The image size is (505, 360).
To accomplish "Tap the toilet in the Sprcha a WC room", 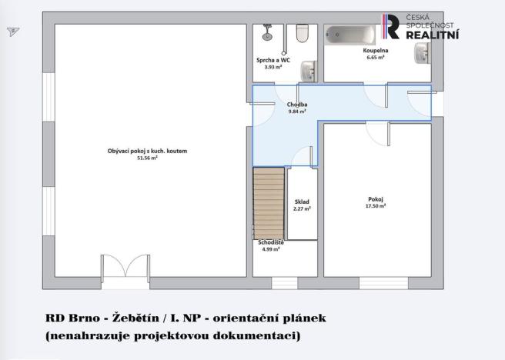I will click(x=302, y=32).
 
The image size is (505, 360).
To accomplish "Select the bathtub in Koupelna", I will click(x=349, y=34).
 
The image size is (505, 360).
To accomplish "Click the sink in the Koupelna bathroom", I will click(x=423, y=52).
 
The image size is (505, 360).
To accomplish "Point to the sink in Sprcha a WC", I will click(x=309, y=70).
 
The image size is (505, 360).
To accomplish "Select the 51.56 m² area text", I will click(x=147, y=158).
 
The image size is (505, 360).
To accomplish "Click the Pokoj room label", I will click(x=376, y=198).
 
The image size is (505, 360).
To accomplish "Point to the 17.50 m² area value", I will click(x=376, y=205).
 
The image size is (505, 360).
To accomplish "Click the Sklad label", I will click(x=302, y=202).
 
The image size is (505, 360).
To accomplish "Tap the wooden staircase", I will click(x=269, y=204).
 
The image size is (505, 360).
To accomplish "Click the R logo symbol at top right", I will click(x=393, y=27).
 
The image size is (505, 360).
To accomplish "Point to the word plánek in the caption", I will click(x=316, y=317).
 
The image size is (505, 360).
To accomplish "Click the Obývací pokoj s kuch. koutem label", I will click(x=147, y=151).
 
